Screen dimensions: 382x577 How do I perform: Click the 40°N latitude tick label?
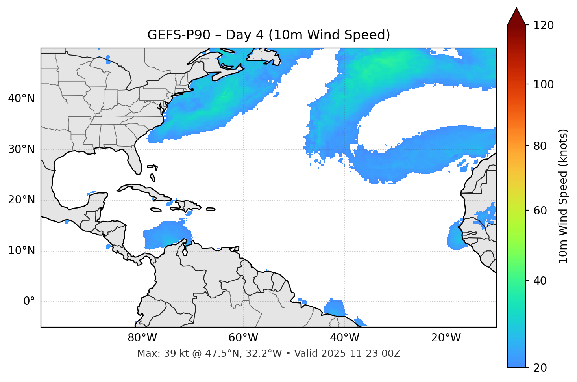21,99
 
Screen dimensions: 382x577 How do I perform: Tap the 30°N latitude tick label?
21,149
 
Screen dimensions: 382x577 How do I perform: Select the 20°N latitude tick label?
21,200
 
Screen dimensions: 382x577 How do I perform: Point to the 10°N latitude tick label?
21,251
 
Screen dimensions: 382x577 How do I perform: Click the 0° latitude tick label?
29,302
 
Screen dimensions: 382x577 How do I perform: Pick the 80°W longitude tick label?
142,338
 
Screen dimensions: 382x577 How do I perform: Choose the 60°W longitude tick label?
243,338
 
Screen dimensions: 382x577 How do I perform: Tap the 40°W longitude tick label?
345,338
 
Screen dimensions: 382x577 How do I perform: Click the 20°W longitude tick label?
446,338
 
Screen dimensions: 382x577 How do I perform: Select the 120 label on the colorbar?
543,26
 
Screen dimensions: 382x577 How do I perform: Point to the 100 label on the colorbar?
543,84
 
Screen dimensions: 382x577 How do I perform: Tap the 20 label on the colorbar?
540,368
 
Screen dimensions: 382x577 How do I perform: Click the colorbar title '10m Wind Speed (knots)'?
563,196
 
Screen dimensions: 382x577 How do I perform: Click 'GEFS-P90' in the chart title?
172,35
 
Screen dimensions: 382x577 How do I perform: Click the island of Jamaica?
156,210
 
